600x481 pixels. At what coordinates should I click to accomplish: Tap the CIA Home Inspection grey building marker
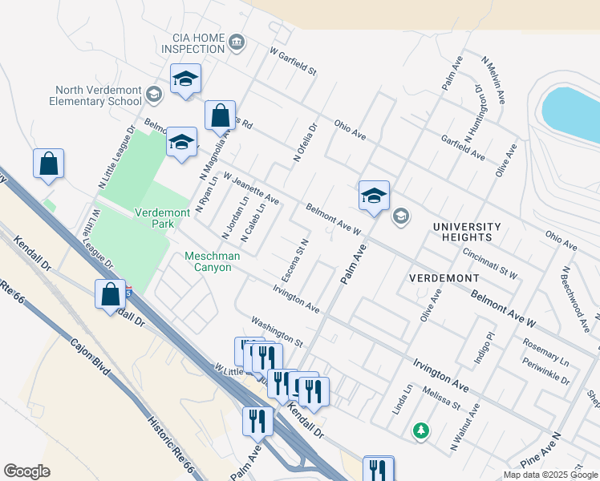coord(236,42)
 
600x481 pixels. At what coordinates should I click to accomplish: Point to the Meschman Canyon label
coord(208,261)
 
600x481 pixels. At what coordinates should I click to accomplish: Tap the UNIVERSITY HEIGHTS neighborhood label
coord(467,232)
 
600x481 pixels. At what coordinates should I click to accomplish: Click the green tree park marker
coord(420,431)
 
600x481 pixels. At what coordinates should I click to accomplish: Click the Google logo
coord(26,471)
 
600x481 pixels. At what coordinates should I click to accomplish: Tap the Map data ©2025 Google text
coord(549,475)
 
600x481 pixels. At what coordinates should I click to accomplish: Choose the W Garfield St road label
coord(294,62)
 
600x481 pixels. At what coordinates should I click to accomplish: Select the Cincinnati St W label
coord(490,262)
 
